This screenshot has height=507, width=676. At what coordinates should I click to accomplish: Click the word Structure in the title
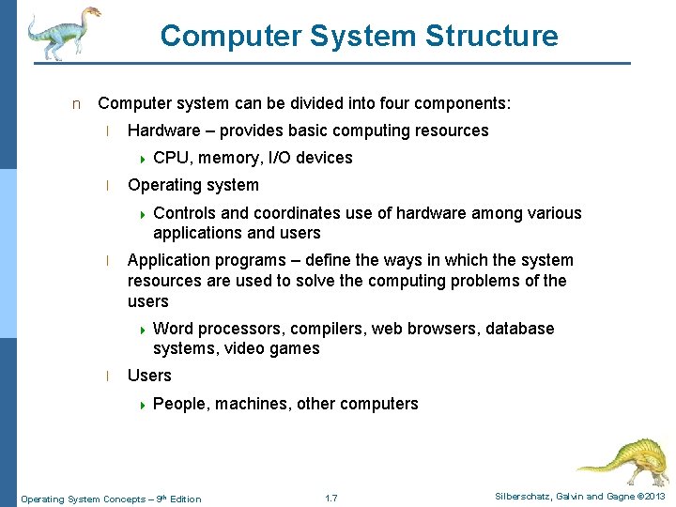click(491, 37)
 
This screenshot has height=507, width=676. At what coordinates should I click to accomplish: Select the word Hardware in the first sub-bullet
click(164, 131)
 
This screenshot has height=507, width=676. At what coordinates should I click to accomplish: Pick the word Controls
click(183, 213)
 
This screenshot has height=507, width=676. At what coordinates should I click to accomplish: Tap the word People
click(179, 404)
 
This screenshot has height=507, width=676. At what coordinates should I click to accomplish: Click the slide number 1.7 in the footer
click(330, 498)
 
